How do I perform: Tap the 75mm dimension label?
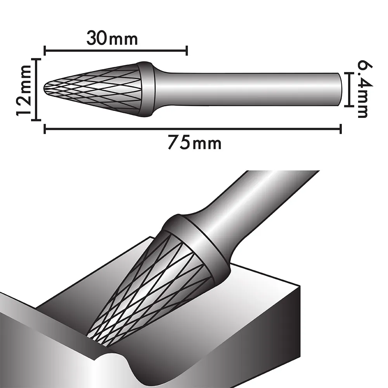click(x=194, y=143)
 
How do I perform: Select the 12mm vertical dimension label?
click(x=24, y=90)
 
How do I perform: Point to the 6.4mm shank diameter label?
click(x=365, y=89)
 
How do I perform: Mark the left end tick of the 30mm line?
click(x=45, y=51)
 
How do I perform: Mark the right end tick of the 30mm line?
click(x=187, y=51)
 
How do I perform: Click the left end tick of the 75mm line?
click(x=45, y=129)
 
